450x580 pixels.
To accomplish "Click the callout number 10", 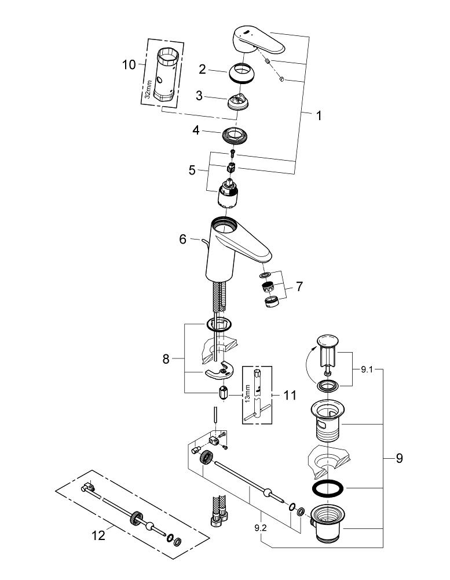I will pos(129,64).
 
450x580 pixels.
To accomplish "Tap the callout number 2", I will pos(202,70).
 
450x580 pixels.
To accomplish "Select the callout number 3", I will pos(199,96).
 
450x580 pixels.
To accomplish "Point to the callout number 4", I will pos(196,131).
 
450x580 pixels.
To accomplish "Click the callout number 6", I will pos(183,239).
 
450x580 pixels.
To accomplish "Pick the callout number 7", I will pos(299,286).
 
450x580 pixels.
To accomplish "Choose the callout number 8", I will pos(166,360).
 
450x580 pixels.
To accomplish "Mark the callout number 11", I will pos(290,396).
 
